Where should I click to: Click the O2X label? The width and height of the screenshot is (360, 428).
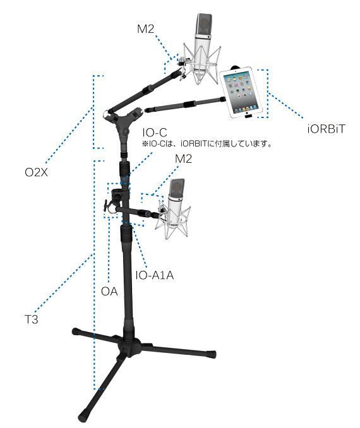[x=36, y=172]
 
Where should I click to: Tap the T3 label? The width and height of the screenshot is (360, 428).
[x=32, y=319]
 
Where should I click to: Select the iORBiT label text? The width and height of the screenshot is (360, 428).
[x=326, y=129]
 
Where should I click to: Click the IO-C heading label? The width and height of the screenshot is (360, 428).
[x=154, y=133]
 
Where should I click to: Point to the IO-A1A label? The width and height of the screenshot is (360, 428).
[x=155, y=275]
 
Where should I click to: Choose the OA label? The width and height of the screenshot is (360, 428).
[x=109, y=291]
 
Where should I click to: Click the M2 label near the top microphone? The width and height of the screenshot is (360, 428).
[x=146, y=28]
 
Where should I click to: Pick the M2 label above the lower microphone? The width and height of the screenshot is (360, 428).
[x=183, y=158]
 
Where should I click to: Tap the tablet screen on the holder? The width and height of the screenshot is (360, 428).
[x=241, y=92]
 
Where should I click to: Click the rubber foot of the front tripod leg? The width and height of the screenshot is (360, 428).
[x=83, y=417]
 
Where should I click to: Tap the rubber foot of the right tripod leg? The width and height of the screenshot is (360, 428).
[x=211, y=354]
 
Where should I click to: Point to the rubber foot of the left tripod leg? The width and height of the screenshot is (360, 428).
[x=76, y=331]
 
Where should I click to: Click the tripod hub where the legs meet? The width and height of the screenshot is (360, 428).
[x=129, y=346]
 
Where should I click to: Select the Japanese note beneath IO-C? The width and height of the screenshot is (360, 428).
[x=207, y=143]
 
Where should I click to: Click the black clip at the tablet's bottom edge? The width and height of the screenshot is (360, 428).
[x=248, y=117]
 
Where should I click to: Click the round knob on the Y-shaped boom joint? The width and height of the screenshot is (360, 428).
[x=126, y=132]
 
